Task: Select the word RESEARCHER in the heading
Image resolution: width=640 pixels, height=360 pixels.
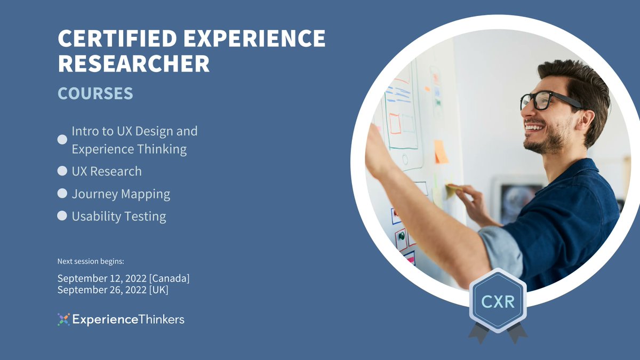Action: coord(133,64)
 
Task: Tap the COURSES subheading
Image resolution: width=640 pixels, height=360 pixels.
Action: coord(95,94)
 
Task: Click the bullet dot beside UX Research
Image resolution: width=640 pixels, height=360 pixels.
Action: coord(62,171)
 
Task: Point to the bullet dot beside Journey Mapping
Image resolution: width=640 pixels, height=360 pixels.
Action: coord(62,194)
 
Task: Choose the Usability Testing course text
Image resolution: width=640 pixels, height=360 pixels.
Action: coord(119,216)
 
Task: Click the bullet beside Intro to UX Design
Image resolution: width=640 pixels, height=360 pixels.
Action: coord(62,140)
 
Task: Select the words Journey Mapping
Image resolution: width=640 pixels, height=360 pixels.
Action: coord(121,194)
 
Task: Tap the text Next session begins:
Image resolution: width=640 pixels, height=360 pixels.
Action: coord(91,261)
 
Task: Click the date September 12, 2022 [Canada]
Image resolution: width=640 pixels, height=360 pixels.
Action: coord(123,278)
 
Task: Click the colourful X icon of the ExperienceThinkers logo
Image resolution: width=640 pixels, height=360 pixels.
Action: coord(63,319)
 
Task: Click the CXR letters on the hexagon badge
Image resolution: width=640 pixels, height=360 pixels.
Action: coord(498,302)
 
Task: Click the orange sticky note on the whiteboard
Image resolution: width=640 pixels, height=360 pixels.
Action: coord(441,152)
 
